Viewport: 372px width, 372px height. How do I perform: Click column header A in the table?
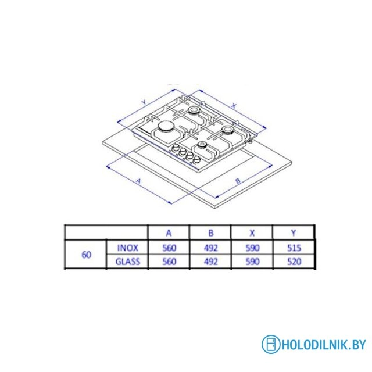(169, 233)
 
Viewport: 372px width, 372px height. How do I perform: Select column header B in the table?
(210, 233)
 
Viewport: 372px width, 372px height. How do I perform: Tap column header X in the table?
(252, 233)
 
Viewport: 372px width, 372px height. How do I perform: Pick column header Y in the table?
(294, 233)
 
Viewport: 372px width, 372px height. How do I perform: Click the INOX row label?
(128, 248)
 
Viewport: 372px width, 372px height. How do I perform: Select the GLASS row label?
(128, 262)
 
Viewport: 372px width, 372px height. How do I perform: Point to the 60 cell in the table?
(86, 255)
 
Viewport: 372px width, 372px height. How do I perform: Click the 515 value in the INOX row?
(294, 248)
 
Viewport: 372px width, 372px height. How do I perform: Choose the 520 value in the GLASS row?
(294, 262)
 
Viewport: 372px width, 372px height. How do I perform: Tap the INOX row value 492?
(210, 248)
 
